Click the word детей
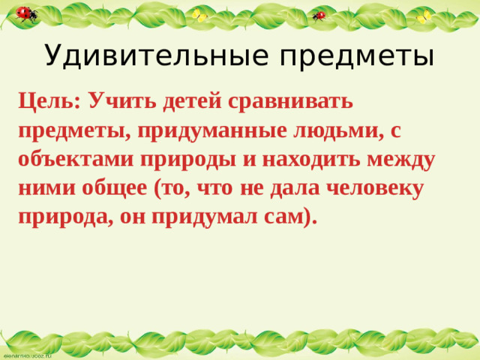click(192, 100)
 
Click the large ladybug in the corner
click(26, 13)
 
